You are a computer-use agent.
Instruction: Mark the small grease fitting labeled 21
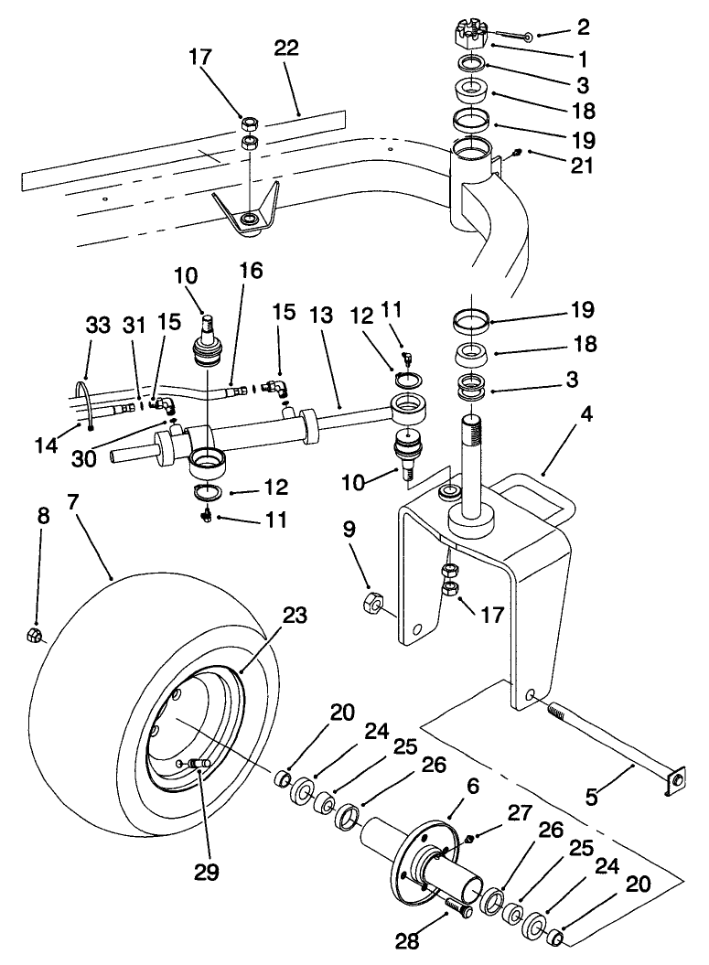click(x=517, y=153)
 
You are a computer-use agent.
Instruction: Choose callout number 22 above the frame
click(x=286, y=49)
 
